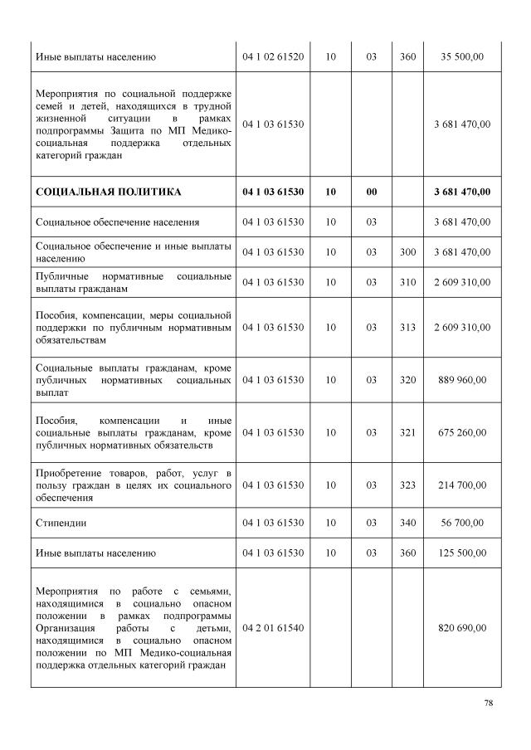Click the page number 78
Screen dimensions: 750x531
(x=489, y=703)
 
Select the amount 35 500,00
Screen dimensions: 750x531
(x=461, y=57)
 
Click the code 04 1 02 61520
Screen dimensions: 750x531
(x=273, y=57)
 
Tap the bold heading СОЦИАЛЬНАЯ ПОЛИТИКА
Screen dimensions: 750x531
(x=109, y=192)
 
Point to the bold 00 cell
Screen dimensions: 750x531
(x=372, y=192)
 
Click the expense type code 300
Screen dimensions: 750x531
(x=407, y=251)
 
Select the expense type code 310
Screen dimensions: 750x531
(x=407, y=282)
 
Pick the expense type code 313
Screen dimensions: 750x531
(x=407, y=328)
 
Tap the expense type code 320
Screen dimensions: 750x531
(x=407, y=380)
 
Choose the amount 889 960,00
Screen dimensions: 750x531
(x=461, y=380)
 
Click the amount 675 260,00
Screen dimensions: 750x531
(x=461, y=432)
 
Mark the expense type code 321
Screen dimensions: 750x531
(x=407, y=432)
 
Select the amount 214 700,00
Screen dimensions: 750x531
(x=461, y=485)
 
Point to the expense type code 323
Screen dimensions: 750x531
(x=407, y=485)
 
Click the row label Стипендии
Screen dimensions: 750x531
(x=61, y=524)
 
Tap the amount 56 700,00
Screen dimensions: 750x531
(x=461, y=524)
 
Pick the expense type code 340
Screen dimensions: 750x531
(x=407, y=524)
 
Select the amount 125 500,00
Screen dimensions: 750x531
(x=461, y=553)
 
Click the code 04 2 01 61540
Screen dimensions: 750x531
(x=273, y=628)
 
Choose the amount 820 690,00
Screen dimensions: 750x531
(x=461, y=628)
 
